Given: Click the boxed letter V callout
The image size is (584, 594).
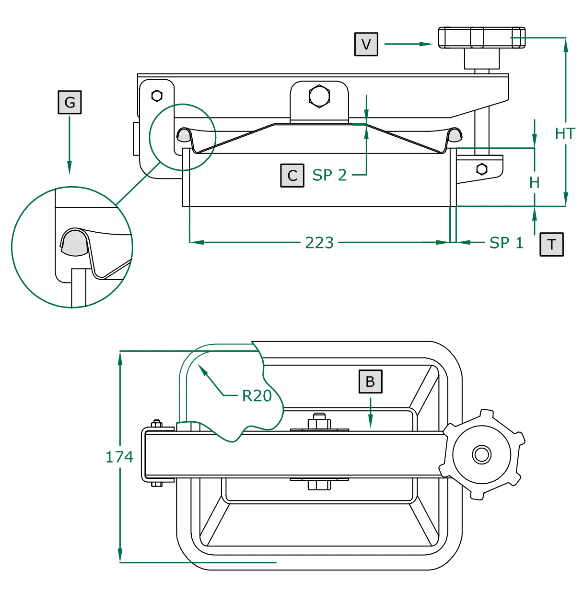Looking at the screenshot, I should pos(366,44).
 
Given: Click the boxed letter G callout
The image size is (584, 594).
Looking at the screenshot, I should pos(70,102).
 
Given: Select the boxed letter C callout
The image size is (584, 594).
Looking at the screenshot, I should pos(292,175).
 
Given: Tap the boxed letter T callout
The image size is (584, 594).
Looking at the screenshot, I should pos(551,244).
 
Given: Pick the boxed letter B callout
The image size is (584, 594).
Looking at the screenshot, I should pos(370,381).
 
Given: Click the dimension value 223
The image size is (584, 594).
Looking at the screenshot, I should pos(319,243).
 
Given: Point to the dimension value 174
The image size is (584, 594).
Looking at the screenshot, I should pos(119,457).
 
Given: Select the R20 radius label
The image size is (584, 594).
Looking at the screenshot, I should pos(257,396).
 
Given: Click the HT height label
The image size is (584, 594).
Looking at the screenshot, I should pos(565,133).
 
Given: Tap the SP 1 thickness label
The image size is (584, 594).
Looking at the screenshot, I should pos(506,243).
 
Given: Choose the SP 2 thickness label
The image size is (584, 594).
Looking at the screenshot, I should pos(329,175).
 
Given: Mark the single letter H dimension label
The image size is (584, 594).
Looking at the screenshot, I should pos(535,182).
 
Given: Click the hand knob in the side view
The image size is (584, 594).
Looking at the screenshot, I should pos(481,37).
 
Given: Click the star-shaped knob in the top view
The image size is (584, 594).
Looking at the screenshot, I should pos(482,454).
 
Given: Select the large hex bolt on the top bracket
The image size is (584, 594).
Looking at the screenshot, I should pos(319,95).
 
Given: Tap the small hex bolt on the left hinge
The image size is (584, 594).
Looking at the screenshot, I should pos(157,96).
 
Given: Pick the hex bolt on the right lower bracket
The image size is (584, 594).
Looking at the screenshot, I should pos(482,169).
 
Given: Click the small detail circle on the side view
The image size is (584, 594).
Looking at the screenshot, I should pos(183,137).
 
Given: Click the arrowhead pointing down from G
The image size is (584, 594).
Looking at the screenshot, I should pos(70,167).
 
